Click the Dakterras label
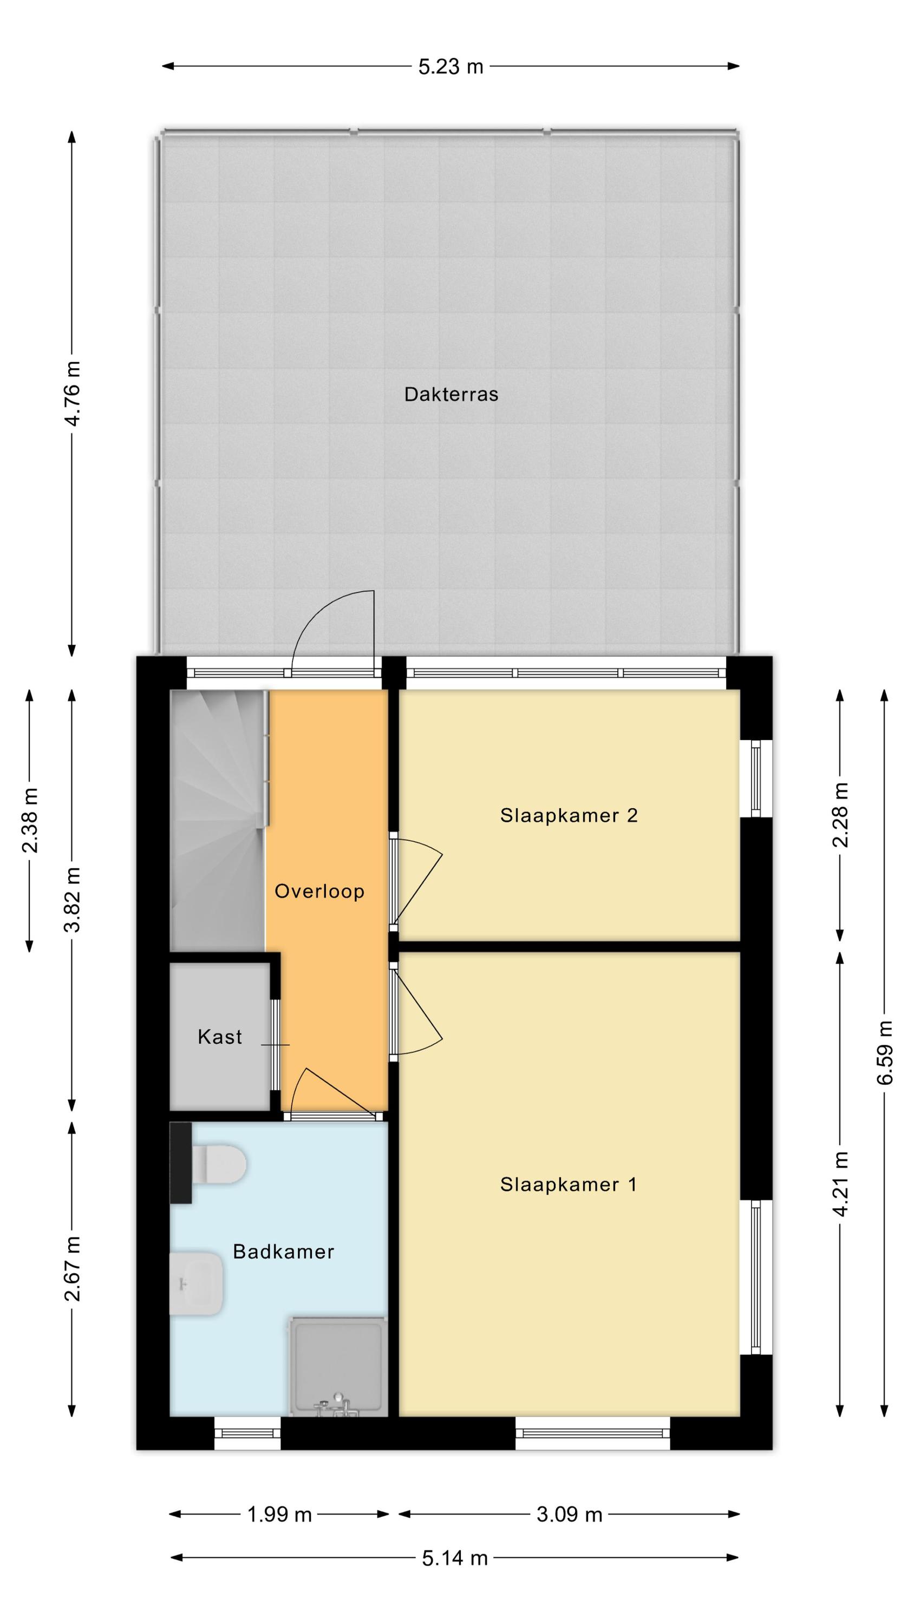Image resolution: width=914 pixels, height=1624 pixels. [x=451, y=395]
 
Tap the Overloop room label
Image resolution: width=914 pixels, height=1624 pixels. [x=319, y=892]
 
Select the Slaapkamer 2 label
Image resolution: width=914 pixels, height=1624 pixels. [x=569, y=815]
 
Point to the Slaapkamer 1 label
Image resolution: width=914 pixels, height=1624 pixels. [x=569, y=1184]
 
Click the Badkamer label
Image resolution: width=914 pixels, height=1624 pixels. [x=283, y=1252]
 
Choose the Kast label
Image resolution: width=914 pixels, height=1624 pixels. [x=219, y=1037]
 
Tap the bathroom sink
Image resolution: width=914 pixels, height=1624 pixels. [x=196, y=1283]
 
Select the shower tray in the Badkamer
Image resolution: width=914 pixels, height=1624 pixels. [x=338, y=1366]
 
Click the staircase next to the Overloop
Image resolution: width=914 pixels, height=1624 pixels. [x=218, y=821]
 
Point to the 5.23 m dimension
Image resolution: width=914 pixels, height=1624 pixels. [x=451, y=66]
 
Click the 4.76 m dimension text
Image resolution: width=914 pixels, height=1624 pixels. [x=73, y=394]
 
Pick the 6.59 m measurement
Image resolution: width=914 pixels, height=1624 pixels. [x=884, y=1052]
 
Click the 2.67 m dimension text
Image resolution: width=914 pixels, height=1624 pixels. [x=73, y=1269]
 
